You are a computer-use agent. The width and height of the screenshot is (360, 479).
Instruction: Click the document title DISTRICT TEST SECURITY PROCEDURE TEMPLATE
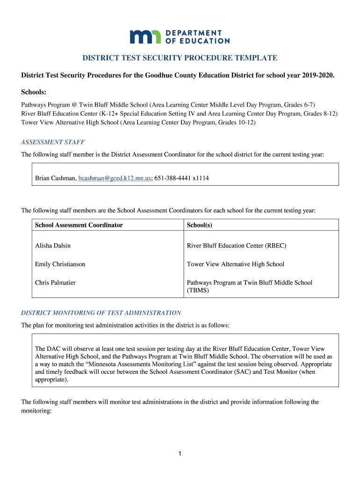[180, 58]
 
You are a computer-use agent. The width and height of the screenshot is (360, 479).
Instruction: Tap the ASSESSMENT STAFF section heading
[53, 142]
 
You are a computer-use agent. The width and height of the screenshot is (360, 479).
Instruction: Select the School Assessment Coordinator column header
[79, 225]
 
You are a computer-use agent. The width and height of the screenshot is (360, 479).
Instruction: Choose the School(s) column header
[200, 225]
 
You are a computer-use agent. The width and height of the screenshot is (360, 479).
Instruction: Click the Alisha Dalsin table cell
[53, 246]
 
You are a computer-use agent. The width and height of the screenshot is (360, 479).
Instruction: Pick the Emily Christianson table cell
[60, 264]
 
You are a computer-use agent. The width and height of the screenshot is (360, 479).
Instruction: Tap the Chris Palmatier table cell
[55, 283]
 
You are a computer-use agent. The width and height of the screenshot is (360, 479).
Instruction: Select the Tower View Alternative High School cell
[235, 264]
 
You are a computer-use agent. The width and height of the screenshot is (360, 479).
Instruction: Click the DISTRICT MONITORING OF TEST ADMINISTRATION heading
[101, 312]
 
